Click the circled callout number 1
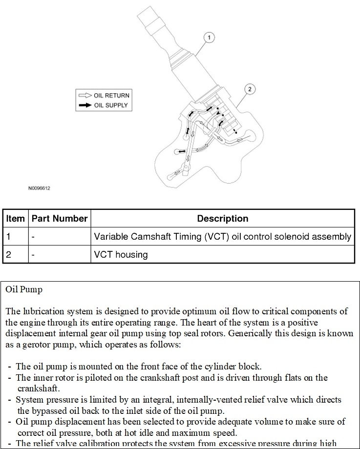209,38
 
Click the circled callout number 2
249,89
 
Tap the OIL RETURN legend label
111,96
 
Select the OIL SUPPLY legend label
111,105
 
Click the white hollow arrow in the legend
85,96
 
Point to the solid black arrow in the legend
85,105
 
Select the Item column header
15,219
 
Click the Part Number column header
60,219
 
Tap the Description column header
222,219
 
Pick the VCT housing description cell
121,254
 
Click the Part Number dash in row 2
33,254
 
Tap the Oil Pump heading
24,289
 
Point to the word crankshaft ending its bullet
39,388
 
